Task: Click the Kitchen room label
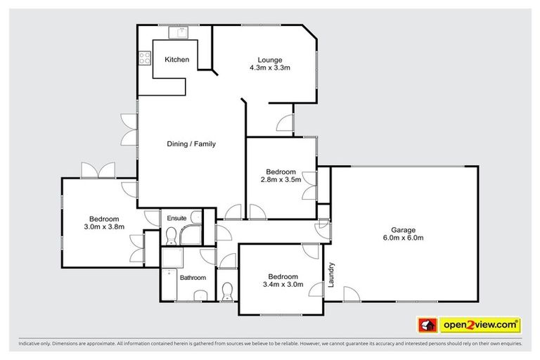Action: click(176, 60)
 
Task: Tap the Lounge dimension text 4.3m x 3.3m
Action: click(269, 68)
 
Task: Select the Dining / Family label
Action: click(191, 144)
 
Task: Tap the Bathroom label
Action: click(193, 278)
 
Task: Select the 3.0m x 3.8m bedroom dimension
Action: click(104, 226)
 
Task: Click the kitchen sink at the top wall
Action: click(176, 31)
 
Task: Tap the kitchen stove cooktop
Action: click(146, 58)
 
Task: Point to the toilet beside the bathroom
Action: click(226, 290)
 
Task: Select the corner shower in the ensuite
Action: click(191, 235)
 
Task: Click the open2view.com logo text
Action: click(480, 325)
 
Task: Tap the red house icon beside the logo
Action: click(426, 326)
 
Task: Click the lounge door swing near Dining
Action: click(284, 124)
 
